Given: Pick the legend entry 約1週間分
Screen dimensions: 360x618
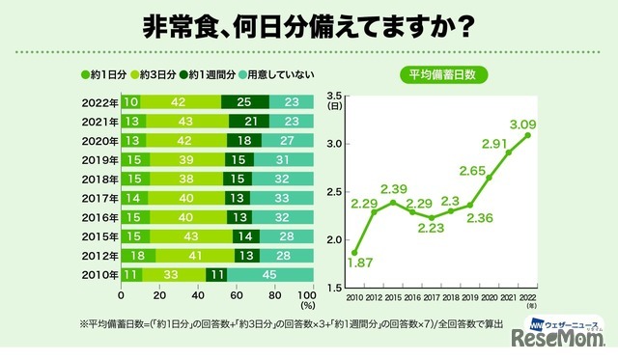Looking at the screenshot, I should click(x=218, y=73).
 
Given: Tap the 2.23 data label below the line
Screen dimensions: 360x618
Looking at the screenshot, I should click(x=434, y=229).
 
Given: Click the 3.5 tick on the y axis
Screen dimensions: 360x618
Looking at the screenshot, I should click(x=336, y=95).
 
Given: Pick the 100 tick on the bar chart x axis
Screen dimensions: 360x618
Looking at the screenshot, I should click(x=306, y=293).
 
